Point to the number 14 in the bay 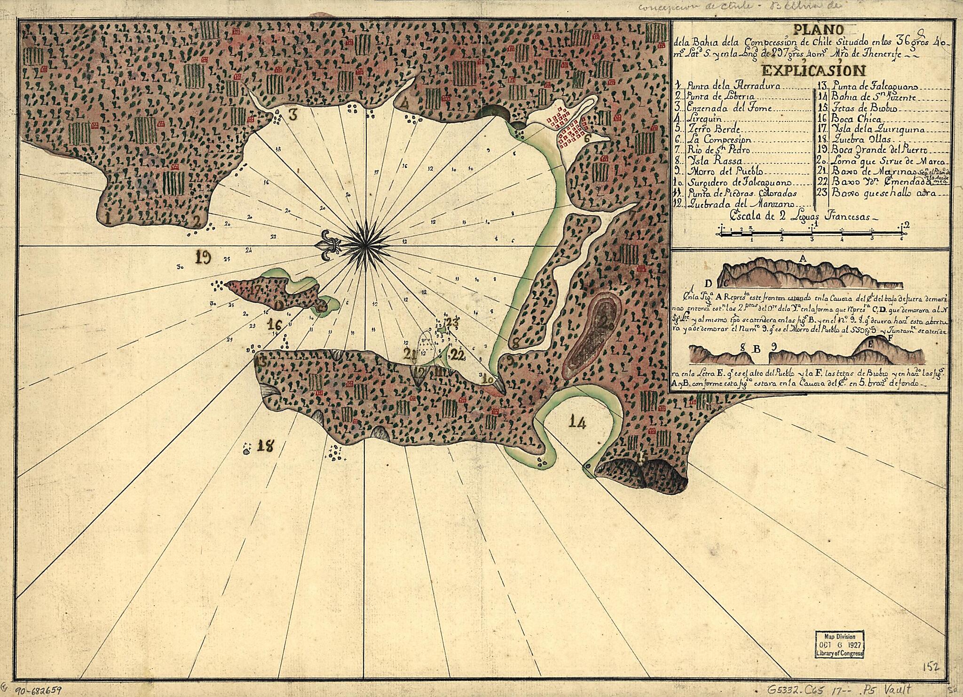pos(577,423)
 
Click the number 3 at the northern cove pos(293,115)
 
